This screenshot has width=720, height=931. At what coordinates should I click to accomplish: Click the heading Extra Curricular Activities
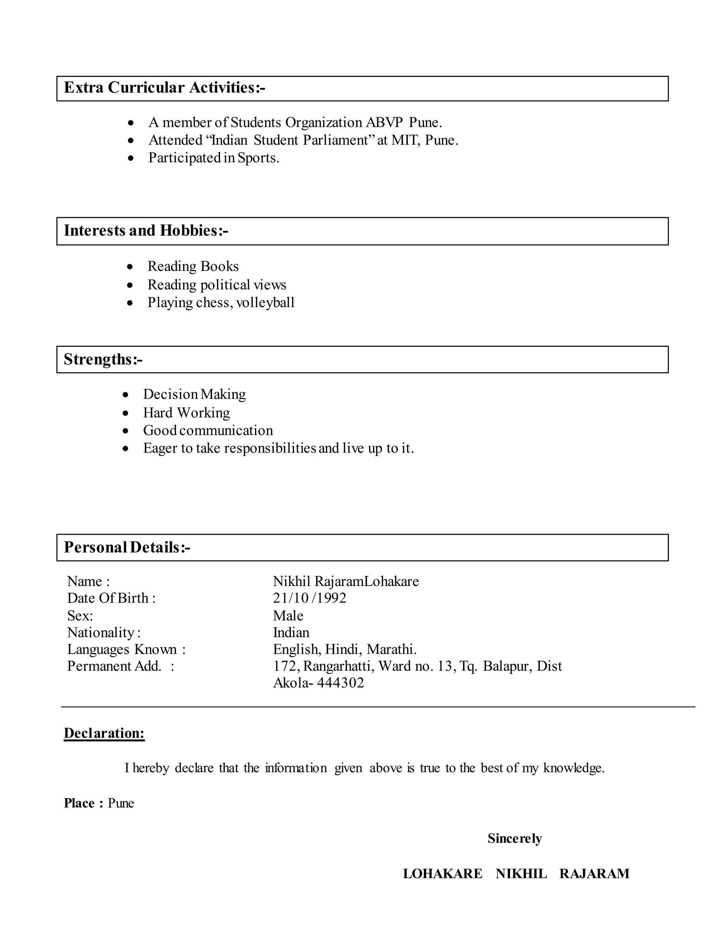(x=164, y=88)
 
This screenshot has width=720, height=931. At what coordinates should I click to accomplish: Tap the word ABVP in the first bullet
(x=384, y=123)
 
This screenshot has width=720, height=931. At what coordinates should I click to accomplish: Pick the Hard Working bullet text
(x=186, y=413)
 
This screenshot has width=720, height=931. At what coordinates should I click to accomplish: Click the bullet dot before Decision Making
(x=126, y=395)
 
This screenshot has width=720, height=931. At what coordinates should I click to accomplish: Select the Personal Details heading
(x=127, y=547)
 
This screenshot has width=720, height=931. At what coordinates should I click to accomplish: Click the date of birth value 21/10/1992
(x=310, y=598)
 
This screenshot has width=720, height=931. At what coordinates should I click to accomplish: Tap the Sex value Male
(x=288, y=616)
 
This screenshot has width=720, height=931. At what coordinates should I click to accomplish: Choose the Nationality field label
(x=104, y=633)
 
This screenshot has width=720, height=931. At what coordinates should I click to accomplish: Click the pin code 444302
(x=340, y=683)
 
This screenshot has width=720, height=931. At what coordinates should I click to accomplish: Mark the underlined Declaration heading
(x=104, y=733)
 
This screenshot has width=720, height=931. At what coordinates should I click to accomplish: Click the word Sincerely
(x=514, y=839)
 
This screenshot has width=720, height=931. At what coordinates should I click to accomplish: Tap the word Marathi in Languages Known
(x=391, y=649)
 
